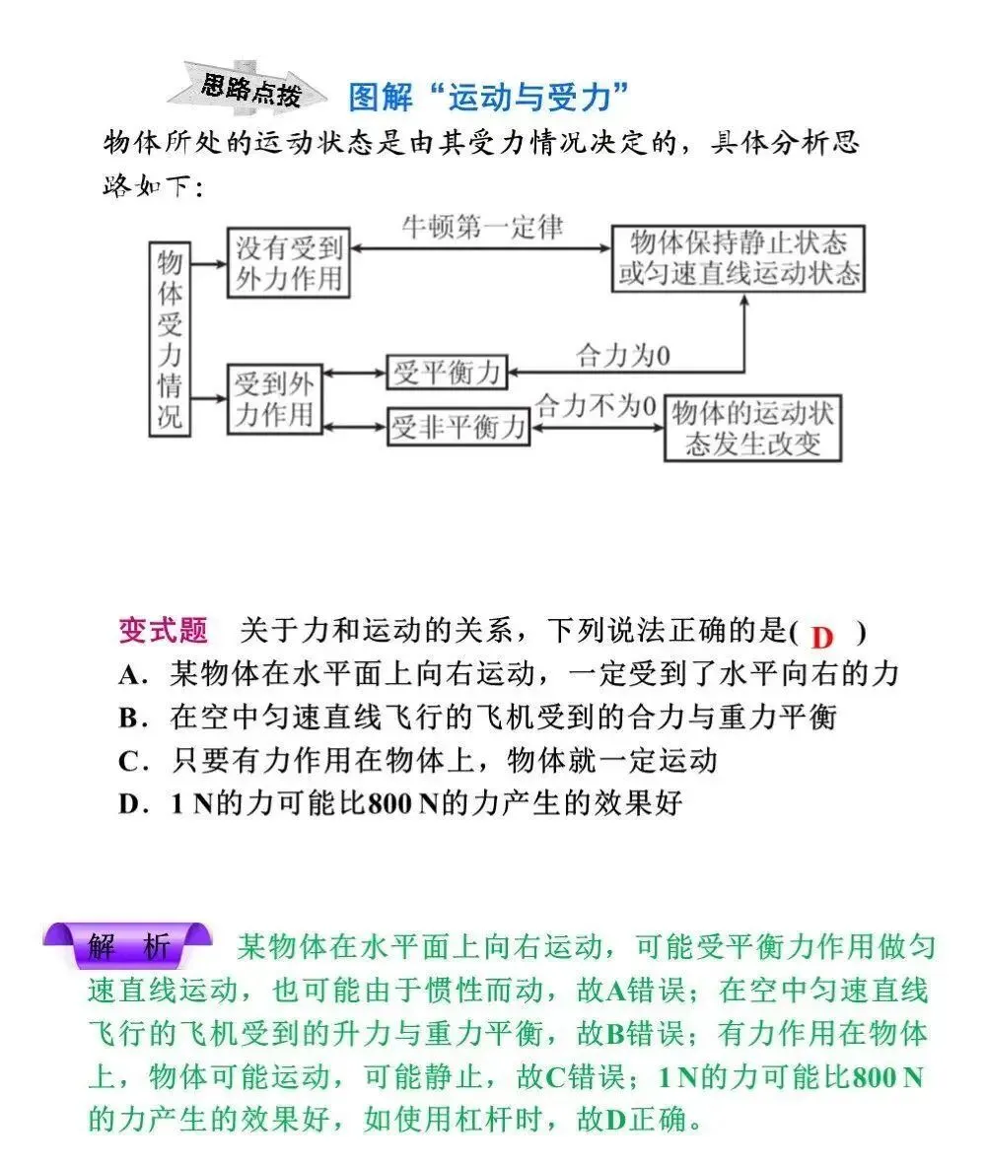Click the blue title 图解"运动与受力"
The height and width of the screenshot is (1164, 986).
(x=489, y=98)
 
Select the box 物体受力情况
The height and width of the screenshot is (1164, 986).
(x=171, y=339)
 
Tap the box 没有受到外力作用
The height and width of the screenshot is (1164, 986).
(x=289, y=263)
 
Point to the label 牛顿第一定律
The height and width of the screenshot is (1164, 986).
(x=482, y=229)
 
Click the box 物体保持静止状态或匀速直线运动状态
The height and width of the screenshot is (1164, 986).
(x=738, y=258)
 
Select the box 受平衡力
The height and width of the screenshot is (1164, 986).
(x=448, y=373)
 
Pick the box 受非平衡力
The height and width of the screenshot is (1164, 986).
(x=457, y=428)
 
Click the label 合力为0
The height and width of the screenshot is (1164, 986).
(x=622, y=356)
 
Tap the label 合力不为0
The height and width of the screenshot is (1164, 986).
(x=596, y=405)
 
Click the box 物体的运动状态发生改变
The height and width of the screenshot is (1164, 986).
(x=753, y=428)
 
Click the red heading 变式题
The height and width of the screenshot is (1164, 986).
(x=163, y=631)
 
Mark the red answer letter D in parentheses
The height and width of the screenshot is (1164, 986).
(x=821, y=636)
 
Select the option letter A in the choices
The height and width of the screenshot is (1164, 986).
(x=130, y=675)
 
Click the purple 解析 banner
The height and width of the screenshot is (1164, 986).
(x=128, y=947)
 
